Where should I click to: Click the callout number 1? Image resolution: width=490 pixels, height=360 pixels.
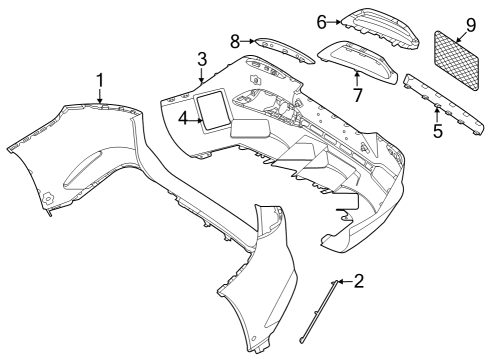tap(100, 81)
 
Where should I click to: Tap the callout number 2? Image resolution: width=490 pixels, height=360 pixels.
tap(359, 281)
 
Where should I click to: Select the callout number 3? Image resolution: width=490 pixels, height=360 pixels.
tap(202, 60)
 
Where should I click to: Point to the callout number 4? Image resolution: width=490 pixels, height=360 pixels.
tap(183, 118)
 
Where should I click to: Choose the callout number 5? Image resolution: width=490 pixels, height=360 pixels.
tap(438, 130)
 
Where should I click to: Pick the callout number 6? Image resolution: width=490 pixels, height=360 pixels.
tap(321, 22)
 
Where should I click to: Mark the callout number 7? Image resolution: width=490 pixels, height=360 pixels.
tap(358, 95)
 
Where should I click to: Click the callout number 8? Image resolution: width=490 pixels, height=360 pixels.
tap(235, 42)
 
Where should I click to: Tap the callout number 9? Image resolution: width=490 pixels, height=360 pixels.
tap(471, 25)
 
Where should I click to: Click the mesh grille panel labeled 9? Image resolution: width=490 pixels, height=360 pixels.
tap(457, 60)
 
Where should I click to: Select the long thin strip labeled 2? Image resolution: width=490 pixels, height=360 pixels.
tap(318, 311)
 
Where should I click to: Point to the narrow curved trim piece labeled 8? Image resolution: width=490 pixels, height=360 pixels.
tap(284, 50)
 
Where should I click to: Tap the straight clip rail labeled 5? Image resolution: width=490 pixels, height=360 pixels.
tap(443, 104)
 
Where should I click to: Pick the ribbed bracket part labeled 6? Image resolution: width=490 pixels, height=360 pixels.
tap(379, 28)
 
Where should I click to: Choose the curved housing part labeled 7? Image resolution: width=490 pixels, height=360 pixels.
tap(357, 62)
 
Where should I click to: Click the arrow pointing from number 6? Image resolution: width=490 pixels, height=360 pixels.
tap(333, 22)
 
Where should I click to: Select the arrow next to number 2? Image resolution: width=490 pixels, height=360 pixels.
tap(345, 282)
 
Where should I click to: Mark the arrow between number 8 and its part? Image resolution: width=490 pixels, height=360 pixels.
tap(248, 41)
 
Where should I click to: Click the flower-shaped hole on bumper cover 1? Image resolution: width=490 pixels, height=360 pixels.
tap(48, 199)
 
